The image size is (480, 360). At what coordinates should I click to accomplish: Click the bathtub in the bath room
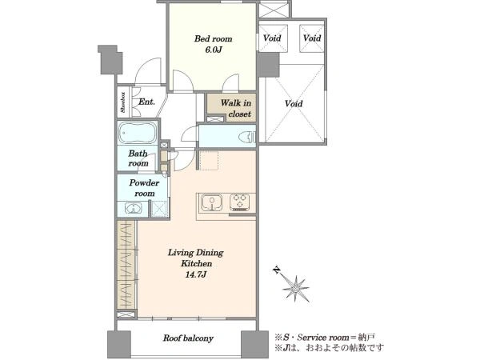[x=138, y=133]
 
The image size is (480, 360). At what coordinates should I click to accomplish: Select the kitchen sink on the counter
[x=211, y=203]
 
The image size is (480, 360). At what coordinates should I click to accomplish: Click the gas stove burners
[x=240, y=202]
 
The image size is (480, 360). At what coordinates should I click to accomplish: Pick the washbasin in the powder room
[x=134, y=209]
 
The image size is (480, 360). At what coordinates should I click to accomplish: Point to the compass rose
[x=296, y=288]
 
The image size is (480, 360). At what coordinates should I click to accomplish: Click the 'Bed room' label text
[x=214, y=39]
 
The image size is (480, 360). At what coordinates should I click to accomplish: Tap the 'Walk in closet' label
[x=236, y=108]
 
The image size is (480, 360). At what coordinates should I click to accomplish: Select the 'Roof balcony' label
[x=188, y=338]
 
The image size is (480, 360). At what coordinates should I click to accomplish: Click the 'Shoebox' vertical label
[x=123, y=102]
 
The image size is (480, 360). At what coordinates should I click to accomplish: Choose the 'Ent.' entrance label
[x=146, y=102]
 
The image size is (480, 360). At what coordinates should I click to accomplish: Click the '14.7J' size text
[x=197, y=274]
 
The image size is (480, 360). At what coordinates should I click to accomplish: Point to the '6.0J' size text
[x=214, y=50]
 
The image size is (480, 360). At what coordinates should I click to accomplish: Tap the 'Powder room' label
[x=144, y=188]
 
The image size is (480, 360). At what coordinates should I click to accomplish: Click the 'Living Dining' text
[x=196, y=253]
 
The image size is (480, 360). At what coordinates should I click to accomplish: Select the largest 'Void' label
[x=294, y=103]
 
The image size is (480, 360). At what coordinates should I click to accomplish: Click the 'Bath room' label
[x=138, y=158]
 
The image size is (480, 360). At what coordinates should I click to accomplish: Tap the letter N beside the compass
[x=277, y=270]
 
